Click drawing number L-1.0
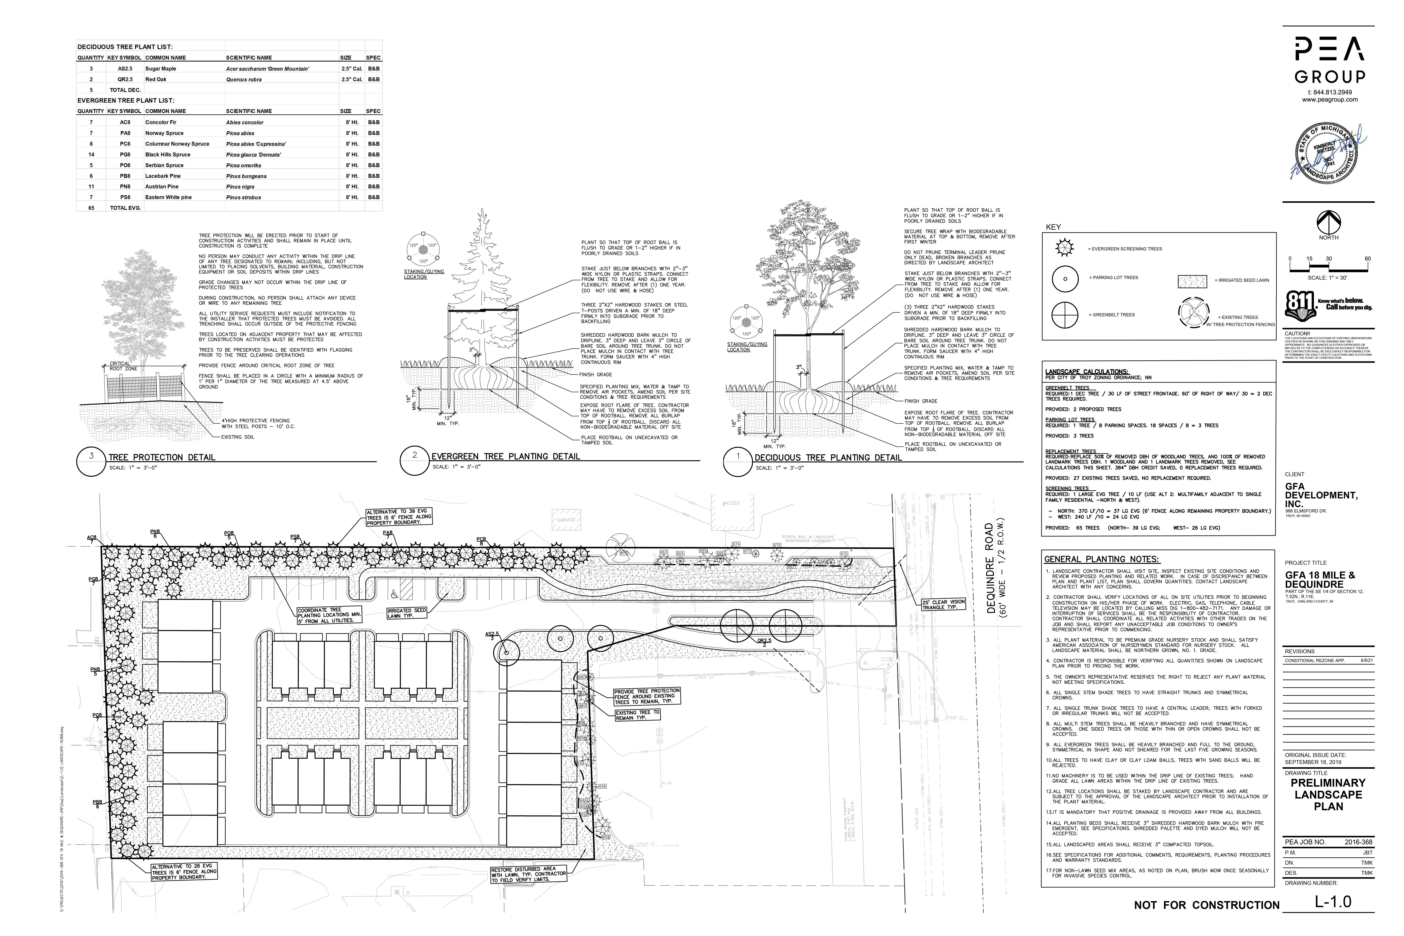[1333, 901]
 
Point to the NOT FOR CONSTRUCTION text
[1206, 905]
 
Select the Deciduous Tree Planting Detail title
[827, 458]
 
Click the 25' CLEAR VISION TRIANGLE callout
[943, 604]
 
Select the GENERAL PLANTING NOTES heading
[1101, 559]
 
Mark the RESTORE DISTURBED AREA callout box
[528, 875]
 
